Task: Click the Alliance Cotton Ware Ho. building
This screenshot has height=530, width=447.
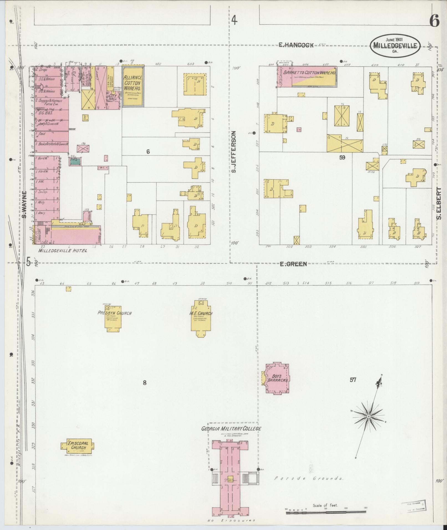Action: click(133, 86)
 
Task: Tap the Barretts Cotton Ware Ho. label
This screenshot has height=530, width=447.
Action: click(308, 72)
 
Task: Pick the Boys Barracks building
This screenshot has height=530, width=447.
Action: click(278, 378)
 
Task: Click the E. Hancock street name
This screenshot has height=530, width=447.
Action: click(296, 45)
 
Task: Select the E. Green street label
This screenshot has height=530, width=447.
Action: click(293, 264)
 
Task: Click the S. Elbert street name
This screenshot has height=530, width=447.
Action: click(438, 203)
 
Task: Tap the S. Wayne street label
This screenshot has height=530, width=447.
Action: click(24, 204)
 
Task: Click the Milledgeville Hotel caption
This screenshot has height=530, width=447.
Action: click(63, 251)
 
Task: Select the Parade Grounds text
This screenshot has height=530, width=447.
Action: click(309, 478)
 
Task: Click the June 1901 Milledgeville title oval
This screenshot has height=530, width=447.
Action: click(395, 46)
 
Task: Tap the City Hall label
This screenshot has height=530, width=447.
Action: click(113, 98)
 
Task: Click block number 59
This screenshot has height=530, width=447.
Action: click(342, 157)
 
